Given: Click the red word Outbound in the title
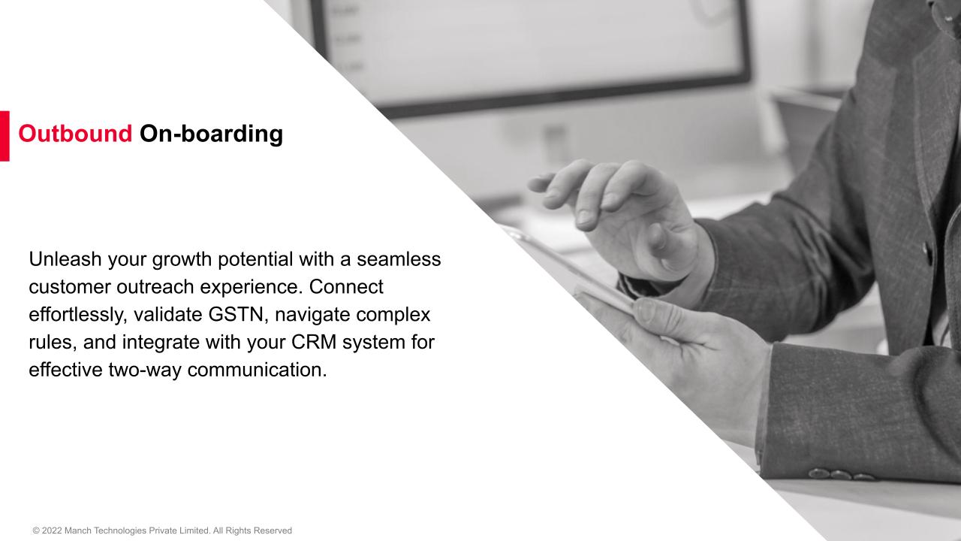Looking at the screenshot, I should tap(75, 134).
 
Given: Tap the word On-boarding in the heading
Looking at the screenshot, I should tap(211, 134).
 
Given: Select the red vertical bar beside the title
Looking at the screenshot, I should tap(5, 136).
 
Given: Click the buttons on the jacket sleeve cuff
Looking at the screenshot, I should tap(840, 475).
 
